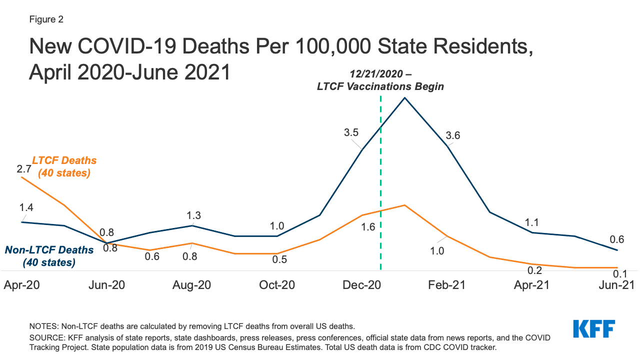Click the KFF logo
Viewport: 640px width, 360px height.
pos(593,329)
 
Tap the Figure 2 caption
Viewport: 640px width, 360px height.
pos(45,19)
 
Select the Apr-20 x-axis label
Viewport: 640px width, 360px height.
pos(21,285)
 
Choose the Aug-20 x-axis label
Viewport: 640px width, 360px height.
pos(191,285)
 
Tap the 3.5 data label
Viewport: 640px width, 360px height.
pos(352,133)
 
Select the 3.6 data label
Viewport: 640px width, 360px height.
pos(453,135)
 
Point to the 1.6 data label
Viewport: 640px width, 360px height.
pos(368,227)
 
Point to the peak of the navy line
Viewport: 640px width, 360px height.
pos(405,97)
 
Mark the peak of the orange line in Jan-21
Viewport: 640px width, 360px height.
pos(405,205)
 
